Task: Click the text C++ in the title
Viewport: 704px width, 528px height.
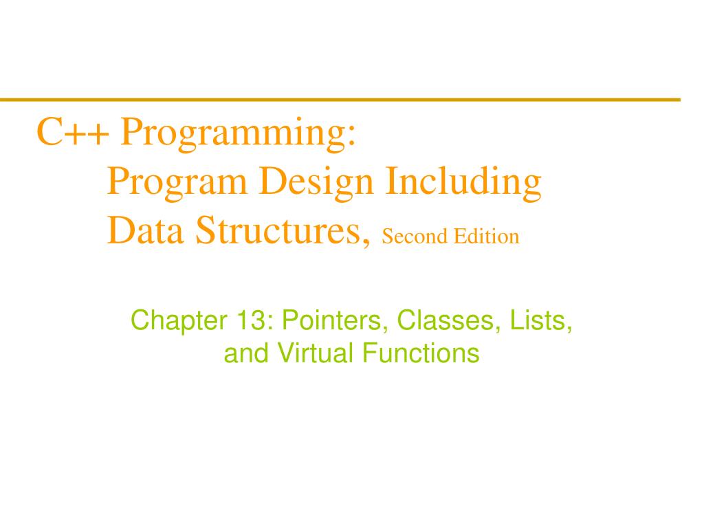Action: click(x=72, y=132)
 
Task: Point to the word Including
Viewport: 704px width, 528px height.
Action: click(x=463, y=183)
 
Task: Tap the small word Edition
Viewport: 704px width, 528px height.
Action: click(x=485, y=236)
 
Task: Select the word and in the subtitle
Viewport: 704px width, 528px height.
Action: click(x=247, y=353)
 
